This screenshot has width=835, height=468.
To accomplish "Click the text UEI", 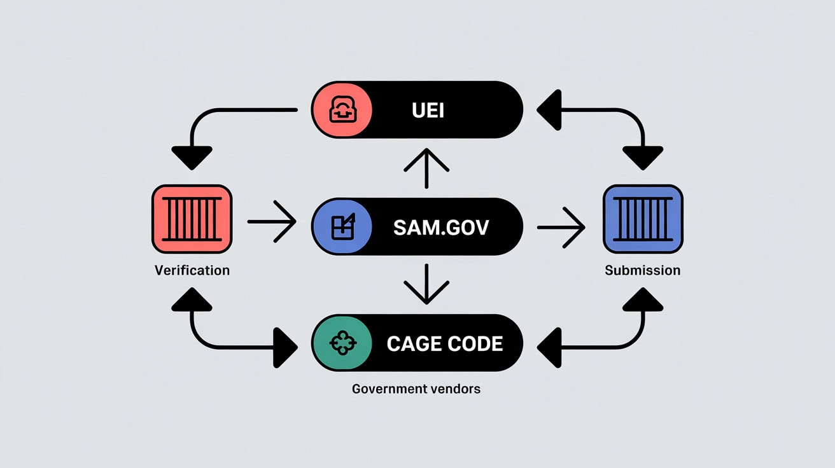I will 428,111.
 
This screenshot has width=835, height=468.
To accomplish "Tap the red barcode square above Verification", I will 192,219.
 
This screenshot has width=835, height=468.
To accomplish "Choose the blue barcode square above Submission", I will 642,219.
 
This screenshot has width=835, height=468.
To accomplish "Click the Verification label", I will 192,270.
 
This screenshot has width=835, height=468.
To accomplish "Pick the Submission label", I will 642,270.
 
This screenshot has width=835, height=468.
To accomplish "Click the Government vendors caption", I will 416,388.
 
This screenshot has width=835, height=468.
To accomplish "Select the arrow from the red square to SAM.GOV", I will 272,222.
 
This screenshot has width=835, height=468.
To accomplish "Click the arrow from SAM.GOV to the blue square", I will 561,227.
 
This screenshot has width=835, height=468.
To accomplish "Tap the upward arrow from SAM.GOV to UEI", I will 427,168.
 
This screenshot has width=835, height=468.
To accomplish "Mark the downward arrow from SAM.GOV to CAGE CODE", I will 427,284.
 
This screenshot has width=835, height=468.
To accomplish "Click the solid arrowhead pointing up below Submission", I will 642,299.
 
